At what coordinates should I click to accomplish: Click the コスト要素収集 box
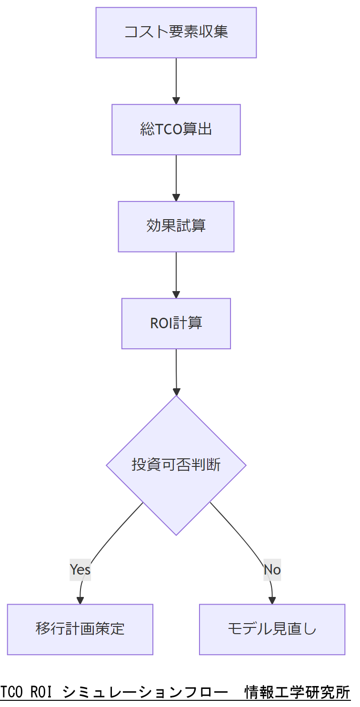176,32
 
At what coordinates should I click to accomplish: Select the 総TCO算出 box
176,130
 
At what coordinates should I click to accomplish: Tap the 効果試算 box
176,226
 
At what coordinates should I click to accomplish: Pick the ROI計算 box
176,323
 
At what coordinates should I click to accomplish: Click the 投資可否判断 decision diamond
176,465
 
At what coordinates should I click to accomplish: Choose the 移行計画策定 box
80,629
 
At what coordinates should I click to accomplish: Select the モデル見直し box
272,629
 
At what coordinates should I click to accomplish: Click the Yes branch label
80,569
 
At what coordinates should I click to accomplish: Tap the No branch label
272,569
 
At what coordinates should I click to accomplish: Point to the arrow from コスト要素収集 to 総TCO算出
176,81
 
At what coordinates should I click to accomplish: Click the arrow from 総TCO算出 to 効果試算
176,178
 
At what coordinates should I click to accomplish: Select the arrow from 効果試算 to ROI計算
176,275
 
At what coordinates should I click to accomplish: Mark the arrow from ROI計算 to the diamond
176,372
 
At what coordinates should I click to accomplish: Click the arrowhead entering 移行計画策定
80,601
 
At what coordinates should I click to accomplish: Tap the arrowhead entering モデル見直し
272,601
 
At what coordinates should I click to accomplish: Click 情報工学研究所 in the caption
297,692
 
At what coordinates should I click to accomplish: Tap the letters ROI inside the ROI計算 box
161,323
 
